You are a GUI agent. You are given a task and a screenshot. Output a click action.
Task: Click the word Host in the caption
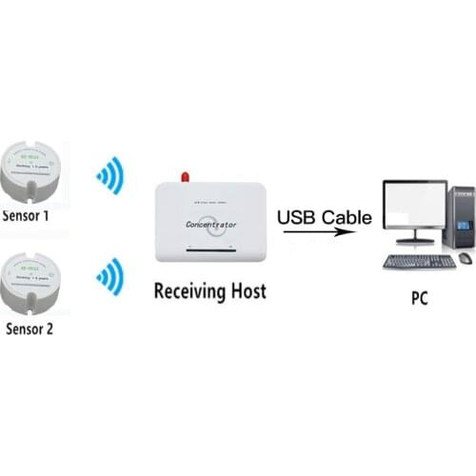point(245,291)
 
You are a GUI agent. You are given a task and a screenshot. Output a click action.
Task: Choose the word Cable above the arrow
point(346,218)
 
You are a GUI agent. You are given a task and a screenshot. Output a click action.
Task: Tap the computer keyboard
point(419,260)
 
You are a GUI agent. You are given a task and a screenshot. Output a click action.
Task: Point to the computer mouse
point(464,258)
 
